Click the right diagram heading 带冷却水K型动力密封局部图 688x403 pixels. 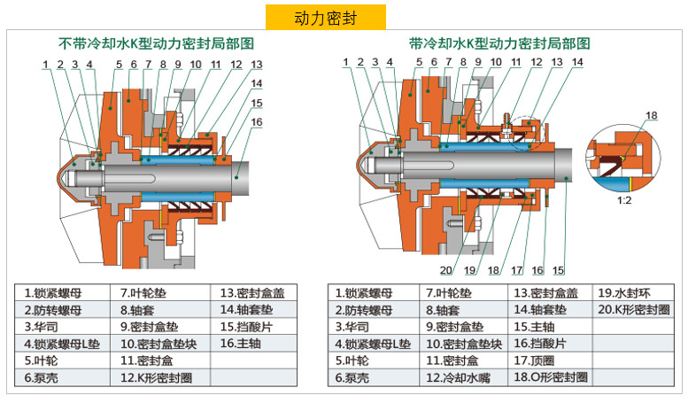[499, 43]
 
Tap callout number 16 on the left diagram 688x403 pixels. [257, 122]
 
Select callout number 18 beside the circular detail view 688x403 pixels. [652, 116]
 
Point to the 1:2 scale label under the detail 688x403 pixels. [624, 200]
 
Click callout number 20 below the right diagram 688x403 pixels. [446, 270]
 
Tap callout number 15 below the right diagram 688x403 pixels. [558, 270]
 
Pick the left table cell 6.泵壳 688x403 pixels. [42, 377]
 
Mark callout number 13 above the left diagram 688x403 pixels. [256, 65]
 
